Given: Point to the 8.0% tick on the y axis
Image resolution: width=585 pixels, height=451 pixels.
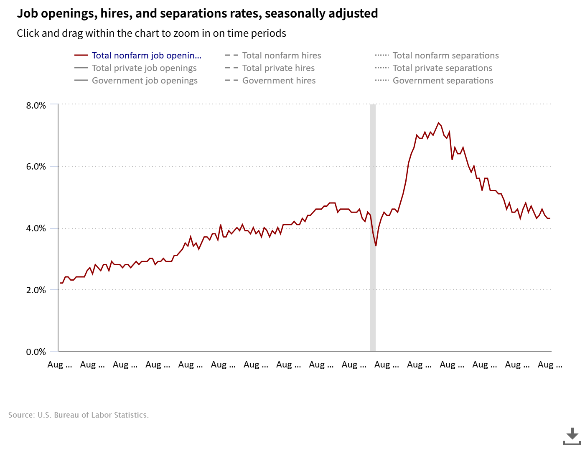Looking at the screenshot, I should pyautogui.click(x=36, y=106).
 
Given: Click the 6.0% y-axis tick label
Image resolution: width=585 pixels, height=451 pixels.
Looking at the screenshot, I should pyautogui.click(x=36, y=167).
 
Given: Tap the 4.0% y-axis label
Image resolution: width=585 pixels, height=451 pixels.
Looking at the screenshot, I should pyautogui.click(x=36, y=228).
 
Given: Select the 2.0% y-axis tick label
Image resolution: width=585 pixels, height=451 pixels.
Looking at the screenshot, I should pyautogui.click(x=36, y=290).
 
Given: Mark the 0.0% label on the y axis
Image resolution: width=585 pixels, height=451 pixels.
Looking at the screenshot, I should pyautogui.click(x=36, y=352).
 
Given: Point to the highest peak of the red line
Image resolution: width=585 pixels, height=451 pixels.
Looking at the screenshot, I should pyautogui.click(x=438, y=123).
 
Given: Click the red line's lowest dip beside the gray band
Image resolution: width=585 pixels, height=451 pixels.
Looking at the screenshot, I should pyautogui.click(x=376, y=246).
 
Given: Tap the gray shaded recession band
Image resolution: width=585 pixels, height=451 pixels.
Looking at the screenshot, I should pyautogui.click(x=373, y=292).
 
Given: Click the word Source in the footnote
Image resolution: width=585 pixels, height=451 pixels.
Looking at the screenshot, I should pyautogui.click(x=21, y=415).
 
